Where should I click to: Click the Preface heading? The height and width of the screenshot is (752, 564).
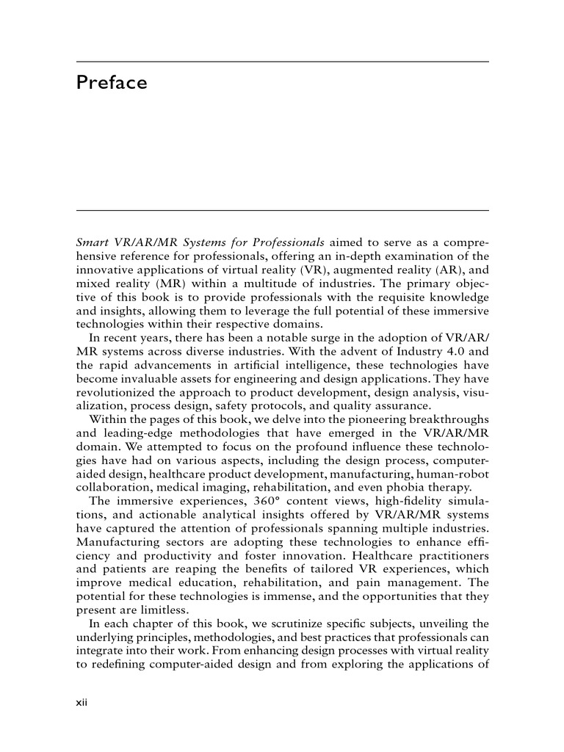(112, 83)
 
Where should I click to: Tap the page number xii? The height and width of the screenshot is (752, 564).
(82, 703)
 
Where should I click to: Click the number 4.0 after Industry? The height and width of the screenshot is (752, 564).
(441, 351)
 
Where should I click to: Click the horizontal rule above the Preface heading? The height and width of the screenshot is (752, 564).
(283, 62)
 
